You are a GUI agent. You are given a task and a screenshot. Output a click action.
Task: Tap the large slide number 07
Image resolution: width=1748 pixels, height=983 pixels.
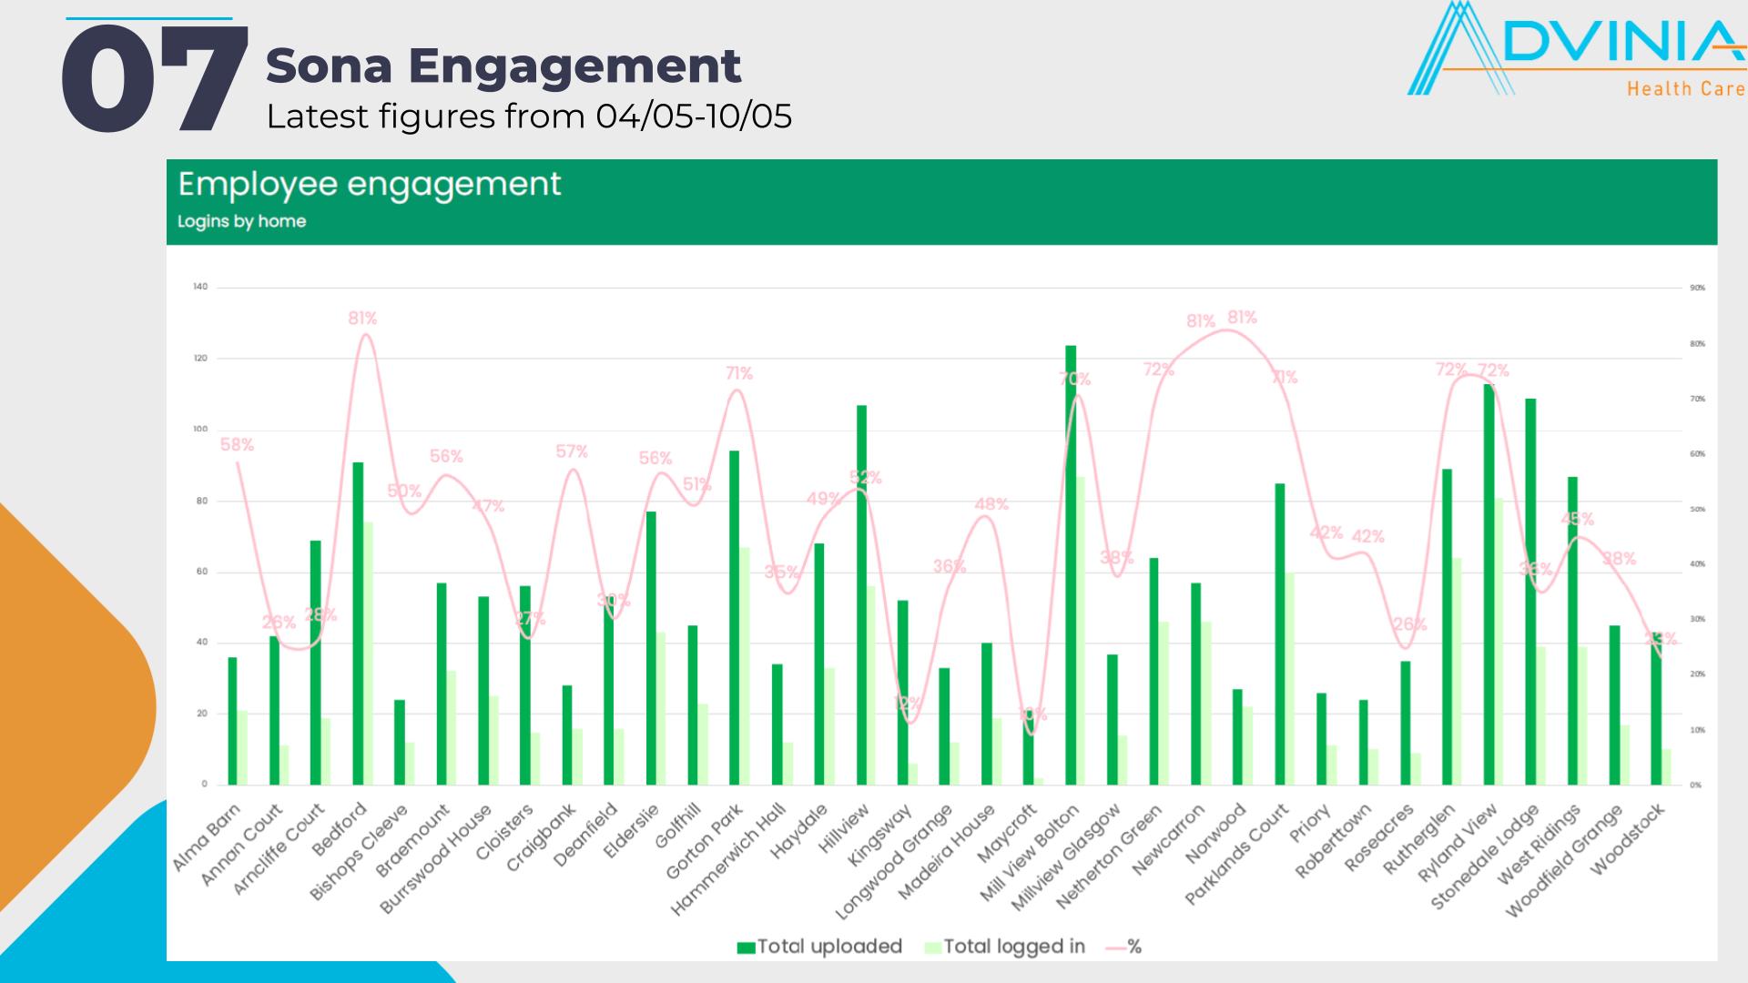pos(153,80)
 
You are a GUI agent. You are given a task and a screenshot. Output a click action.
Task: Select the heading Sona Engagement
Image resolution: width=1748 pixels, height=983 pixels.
pos(503,66)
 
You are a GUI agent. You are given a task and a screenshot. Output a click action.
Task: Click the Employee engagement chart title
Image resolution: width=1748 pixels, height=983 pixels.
pos(369,185)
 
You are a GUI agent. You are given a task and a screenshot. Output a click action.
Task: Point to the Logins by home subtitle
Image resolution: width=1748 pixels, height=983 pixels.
pos(241,221)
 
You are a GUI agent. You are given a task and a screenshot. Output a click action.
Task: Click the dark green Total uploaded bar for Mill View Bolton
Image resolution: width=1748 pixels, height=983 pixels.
pos(1071,564)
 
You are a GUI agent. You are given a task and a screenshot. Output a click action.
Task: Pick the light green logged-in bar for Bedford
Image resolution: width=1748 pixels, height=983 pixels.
pos(368,653)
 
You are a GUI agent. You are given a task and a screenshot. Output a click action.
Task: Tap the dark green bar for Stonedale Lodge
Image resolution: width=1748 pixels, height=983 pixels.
pos(1530,591)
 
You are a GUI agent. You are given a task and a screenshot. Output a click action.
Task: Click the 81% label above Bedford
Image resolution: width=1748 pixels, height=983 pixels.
pos(362,319)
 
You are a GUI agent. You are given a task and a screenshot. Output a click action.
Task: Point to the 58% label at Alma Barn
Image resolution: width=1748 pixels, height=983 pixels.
pos(237,445)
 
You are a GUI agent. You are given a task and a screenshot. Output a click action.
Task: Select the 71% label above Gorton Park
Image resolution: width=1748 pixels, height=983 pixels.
pos(739,373)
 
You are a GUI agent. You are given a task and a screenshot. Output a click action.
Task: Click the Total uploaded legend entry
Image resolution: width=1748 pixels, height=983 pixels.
pos(819,947)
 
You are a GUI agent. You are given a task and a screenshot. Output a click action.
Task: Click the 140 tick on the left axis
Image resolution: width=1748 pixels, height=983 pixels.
pos(200,287)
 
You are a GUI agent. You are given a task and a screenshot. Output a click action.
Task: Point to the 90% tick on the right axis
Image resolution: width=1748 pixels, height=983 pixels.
pos(1697,288)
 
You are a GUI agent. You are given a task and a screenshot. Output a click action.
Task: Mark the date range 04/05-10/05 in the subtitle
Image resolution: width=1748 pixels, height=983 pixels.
pos(694,117)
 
